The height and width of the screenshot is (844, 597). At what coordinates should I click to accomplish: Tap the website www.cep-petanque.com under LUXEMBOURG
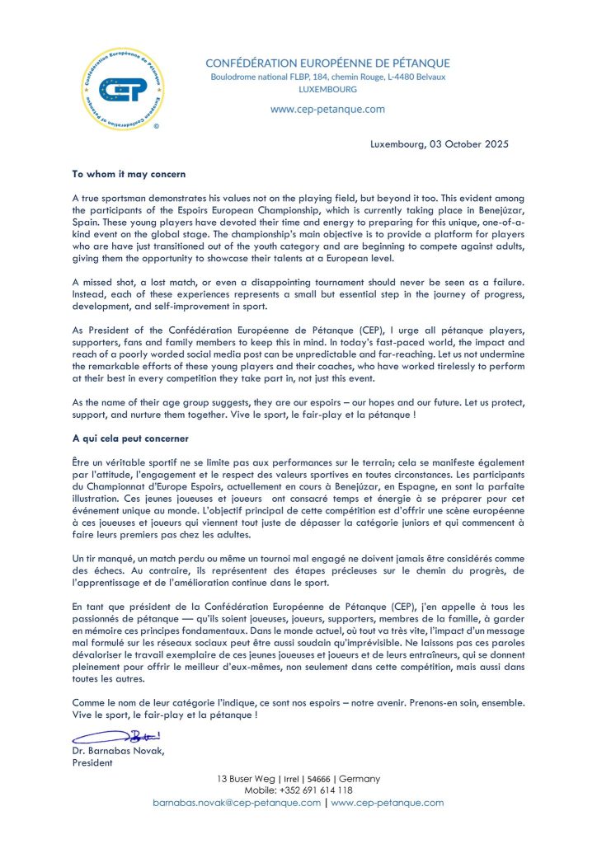tap(327, 109)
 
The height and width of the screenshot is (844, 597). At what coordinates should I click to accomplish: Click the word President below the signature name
tap(93, 762)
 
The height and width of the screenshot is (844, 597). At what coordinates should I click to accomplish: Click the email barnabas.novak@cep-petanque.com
tap(237, 803)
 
